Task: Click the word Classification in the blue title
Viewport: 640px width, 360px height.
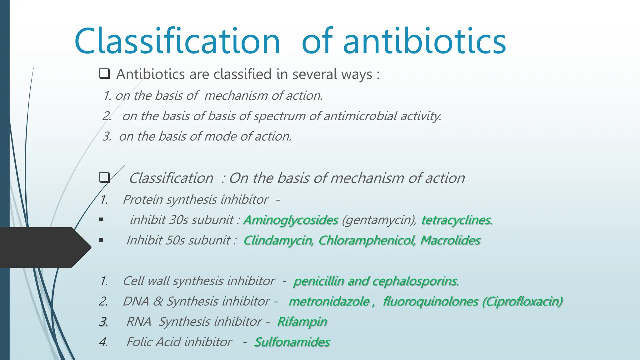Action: tap(177, 41)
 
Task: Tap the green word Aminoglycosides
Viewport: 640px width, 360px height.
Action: tap(291, 220)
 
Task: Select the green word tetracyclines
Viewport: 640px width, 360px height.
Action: tap(457, 220)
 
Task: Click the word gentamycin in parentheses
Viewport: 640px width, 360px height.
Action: tap(379, 220)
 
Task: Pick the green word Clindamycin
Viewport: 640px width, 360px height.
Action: tap(278, 240)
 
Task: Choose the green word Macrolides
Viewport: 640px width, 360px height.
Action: tap(450, 240)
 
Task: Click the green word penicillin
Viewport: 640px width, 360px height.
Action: tap(318, 281)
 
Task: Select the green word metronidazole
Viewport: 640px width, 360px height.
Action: tap(329, 301)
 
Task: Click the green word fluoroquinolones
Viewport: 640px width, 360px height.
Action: tap(431, 301)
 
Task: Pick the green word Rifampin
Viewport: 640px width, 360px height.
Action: tap(302, 322)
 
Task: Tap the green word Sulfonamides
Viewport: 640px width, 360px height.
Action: tap(292, 342)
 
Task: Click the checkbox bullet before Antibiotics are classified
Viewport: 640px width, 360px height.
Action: tap(104, 74)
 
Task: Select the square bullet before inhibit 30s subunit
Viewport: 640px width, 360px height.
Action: tap(101, 220)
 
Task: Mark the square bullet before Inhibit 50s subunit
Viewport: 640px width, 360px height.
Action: tap(101, 240)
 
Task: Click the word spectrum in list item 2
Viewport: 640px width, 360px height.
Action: tap(279, 116)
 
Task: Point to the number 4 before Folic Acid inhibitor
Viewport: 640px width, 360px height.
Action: tap(103, 342)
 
